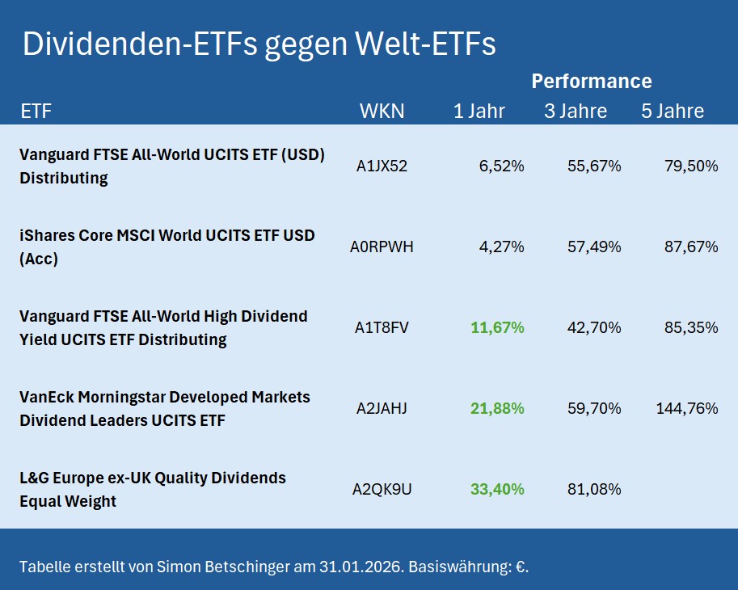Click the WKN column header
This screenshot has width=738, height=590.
(382, 111)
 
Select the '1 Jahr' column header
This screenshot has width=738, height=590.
(479, 111)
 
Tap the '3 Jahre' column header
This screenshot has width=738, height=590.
(576, 111)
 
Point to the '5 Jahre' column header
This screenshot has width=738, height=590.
(673, 111)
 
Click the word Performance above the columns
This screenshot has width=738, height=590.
(592, 81)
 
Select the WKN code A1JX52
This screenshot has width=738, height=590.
(382, 166)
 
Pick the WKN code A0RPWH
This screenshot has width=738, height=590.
(382, 247)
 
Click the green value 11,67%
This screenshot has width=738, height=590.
(497, 327)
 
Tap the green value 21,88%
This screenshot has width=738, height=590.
(497, 408)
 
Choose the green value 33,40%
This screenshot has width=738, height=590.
(497, 489)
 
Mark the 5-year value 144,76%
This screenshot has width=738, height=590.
(687, 408)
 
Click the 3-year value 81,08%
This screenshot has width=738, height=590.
(594, 489)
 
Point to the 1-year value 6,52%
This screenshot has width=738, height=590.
(501, 166)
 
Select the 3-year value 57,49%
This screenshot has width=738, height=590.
(594, 247)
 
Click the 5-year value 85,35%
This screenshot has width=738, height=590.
(691, 327)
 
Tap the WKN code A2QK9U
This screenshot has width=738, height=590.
(382, 489)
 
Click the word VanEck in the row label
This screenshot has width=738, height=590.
(45, 397)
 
